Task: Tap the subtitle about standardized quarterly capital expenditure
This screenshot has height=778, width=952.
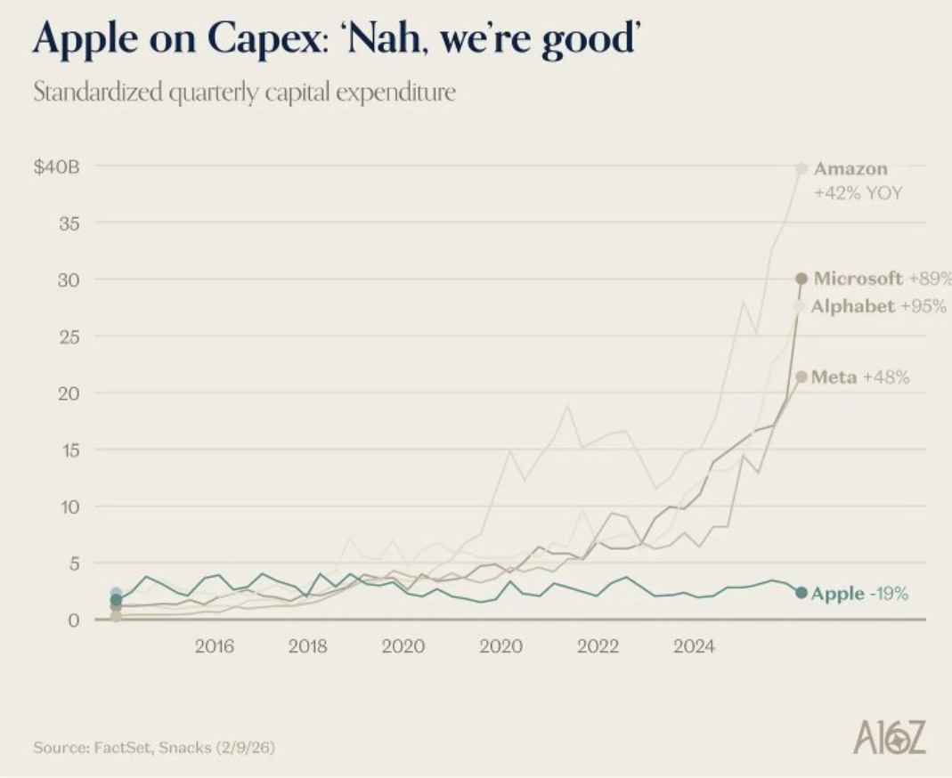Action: coord(244,93)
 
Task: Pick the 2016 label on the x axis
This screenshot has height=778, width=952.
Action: coord(215,646)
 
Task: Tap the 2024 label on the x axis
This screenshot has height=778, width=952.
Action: coord(694,646)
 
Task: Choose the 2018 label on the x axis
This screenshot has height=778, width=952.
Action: coord(307,646)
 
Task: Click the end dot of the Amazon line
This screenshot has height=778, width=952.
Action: coord(801,167)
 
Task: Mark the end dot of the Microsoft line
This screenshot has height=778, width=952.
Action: coord(801,279)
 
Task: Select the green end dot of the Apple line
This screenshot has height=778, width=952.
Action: coord(801,593)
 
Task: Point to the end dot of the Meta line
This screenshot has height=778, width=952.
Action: coord(801,377)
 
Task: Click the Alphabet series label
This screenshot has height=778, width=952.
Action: coord(853,306)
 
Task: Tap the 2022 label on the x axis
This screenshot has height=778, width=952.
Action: coord(598,646)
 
